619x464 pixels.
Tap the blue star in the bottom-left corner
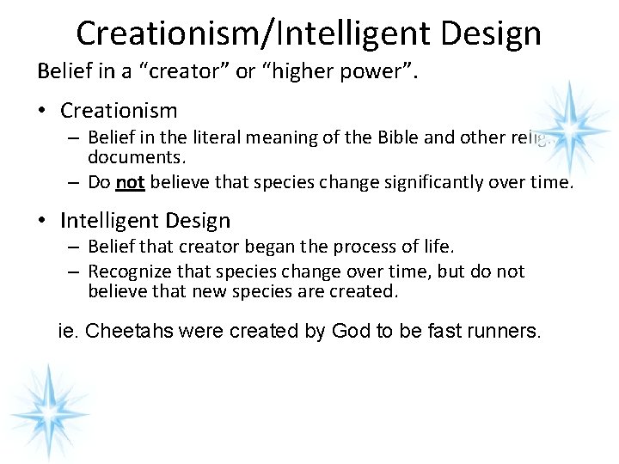(48, 406)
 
